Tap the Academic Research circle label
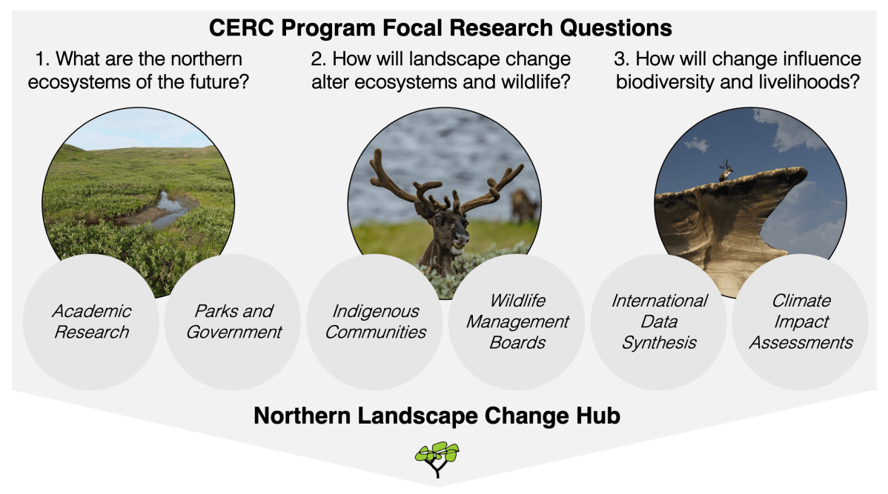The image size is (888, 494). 92,321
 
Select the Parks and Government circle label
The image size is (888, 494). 233,321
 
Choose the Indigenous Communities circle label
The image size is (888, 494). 375,321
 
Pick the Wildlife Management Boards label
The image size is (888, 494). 517,321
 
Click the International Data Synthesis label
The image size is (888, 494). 659,321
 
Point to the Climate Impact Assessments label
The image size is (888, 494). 801,321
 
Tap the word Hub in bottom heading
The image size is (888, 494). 597,415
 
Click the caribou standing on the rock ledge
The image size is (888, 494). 726,171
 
